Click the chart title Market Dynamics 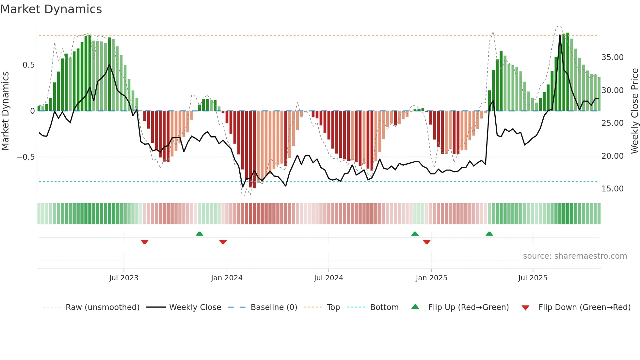coord(51,9)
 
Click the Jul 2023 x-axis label coord(124,278)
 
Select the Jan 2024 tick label coord(227,278)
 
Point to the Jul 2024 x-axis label coord(328,278)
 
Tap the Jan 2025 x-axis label coord(431,278)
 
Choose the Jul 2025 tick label coord(533,278)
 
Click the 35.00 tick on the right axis coord(612,57)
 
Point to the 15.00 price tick coord(612,189)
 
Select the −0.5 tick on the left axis coord(25,157)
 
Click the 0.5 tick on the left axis coord(28,65)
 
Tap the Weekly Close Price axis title coord(634,111)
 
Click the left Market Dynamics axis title coord(5,111)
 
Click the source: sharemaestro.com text coord(575,256)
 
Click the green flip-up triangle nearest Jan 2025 coord(415,234)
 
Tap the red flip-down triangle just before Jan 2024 coord(223,242)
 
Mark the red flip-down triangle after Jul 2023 coord(145,242)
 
